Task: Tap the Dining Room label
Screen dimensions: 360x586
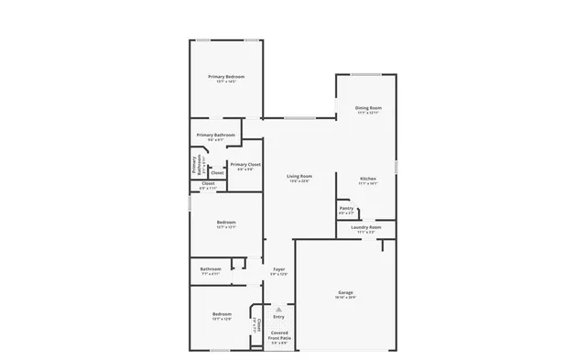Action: (368, 108)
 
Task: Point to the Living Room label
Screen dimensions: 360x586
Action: (299, 176)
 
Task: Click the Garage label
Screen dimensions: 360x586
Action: (345, 292)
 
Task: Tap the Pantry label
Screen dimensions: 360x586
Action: (346, 208)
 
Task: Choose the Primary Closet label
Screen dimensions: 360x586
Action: (245, 165)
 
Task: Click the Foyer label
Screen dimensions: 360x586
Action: (279, 269)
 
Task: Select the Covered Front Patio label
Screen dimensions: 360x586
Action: (279, 335)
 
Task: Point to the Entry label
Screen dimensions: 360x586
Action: (279, 317)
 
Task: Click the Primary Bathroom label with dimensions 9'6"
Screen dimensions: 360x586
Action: (216, 136)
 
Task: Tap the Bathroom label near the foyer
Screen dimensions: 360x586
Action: (211, 268)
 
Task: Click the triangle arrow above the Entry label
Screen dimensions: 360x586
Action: (279, 309)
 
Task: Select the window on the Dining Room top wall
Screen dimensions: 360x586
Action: (368, 74)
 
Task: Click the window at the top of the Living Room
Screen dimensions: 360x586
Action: (299, 118)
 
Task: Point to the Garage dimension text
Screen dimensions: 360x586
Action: (345, 298)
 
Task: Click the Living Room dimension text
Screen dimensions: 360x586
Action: (299, 181)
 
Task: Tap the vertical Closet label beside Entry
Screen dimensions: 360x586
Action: (258, 325)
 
